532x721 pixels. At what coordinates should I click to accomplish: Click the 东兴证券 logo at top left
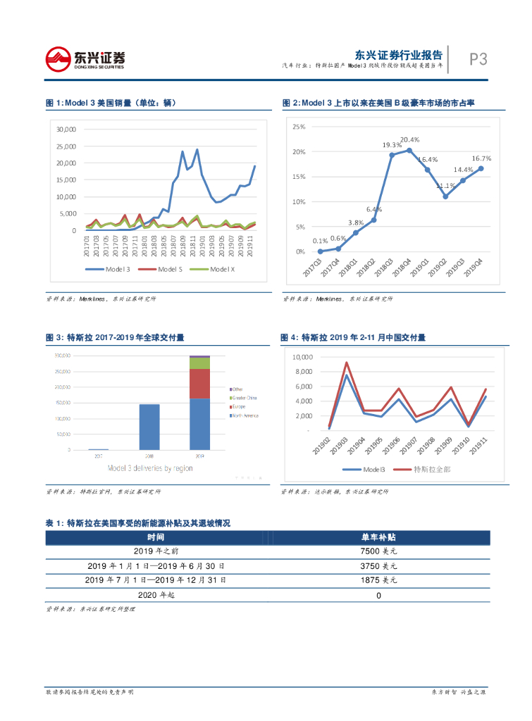85,58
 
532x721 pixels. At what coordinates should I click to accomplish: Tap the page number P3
478,60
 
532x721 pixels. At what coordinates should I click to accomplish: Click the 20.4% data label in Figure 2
409,139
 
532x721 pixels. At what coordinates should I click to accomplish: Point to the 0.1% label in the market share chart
321,242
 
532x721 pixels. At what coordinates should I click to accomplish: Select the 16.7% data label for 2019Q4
481,159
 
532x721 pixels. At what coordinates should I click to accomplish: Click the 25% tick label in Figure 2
298,127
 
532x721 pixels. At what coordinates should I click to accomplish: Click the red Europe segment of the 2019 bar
200,384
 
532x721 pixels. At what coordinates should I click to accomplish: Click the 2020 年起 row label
156,595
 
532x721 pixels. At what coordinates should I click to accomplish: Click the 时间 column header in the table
156,537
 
